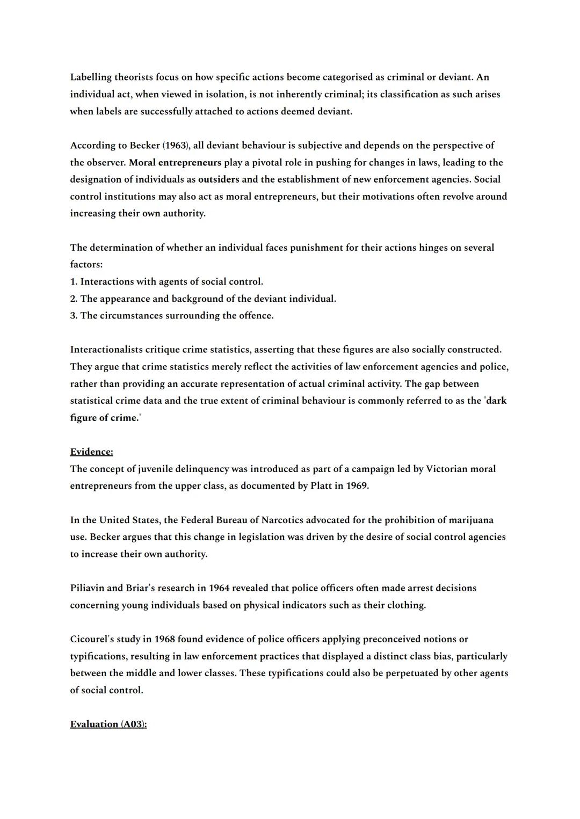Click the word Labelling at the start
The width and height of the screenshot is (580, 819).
91,77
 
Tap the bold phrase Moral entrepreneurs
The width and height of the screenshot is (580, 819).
175,163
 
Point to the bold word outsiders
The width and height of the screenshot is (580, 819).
219,179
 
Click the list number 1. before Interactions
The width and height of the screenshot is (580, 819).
74,282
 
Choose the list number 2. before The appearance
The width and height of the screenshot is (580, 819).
74,299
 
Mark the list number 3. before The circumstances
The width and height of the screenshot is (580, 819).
74,316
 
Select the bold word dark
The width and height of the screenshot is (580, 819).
496,401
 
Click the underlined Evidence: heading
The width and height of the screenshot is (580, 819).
91,452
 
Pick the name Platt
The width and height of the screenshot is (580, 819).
323,486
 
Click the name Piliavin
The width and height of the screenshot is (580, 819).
87,588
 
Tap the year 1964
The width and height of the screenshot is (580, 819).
220,588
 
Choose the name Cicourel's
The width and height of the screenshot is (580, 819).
92,640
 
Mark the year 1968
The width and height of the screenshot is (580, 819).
164,640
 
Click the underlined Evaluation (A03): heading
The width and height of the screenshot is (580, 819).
108,724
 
